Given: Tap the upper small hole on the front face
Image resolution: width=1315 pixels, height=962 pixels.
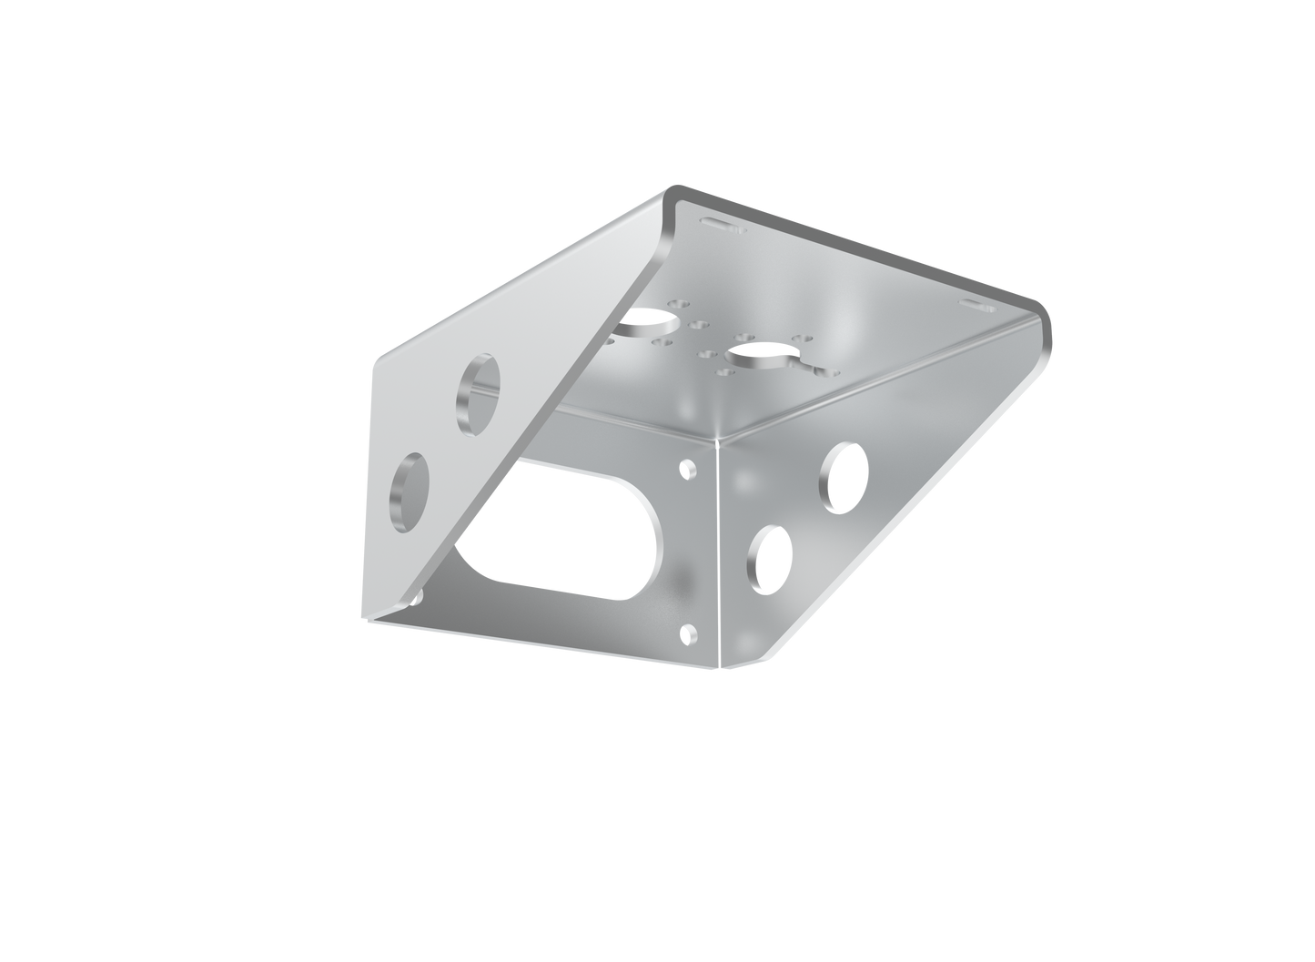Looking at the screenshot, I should pyautogui.click(x=689, y=470).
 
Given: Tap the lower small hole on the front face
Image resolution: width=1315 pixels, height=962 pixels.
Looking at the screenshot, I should pyautogui.click(x=689, y=632).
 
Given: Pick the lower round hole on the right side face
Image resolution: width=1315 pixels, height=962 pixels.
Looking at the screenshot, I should pyautogui.click(x=770, y=555).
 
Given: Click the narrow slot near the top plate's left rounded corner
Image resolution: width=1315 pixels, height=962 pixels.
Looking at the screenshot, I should pyautogui.click(x=716, y=222).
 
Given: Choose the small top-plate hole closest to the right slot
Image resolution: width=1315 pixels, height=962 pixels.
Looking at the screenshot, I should pyautogui.click(x=801, y=339).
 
